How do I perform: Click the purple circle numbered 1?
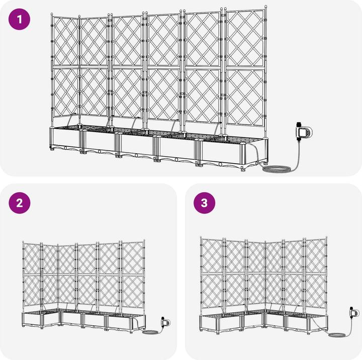[x=20, y=19]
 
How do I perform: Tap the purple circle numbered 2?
[x=20, y=203]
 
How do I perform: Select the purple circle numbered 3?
[x=204, y=203]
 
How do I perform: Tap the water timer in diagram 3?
[x=354, y=313]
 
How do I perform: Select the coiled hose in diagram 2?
[x=150, y=332]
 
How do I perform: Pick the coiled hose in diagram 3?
[x=336, y=334]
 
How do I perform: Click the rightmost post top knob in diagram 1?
[x=266, y=7]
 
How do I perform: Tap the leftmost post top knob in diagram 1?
[x=52, y=14]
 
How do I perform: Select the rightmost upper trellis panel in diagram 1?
[x=245, y=39]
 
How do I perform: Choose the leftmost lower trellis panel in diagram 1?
[x=65, y=92]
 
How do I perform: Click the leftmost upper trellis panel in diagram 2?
[x=32, y=258]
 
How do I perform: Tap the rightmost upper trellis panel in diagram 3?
[x=316, y=256]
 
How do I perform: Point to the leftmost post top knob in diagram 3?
[x=201, y=237]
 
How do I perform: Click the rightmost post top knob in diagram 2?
[x=144, y=241]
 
